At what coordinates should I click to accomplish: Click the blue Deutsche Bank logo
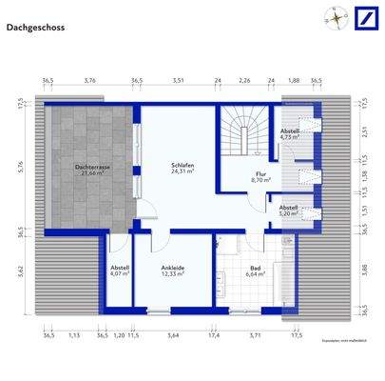[x=366, y=16]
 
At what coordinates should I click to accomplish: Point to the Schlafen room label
[x=183, y=168]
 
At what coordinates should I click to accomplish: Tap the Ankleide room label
[x=172, y=271]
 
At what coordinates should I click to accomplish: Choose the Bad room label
[x=255, y=271]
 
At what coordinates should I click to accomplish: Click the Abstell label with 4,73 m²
[x=289, y=133]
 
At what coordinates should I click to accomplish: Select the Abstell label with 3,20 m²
[x=288, y=210]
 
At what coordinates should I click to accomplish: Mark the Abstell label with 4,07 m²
[x=118, y=271]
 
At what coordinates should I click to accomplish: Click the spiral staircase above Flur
[x=242, y=131]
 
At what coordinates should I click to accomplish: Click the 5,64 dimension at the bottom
[x=173, y=335]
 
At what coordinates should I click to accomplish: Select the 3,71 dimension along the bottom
[x=255, y=335]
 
